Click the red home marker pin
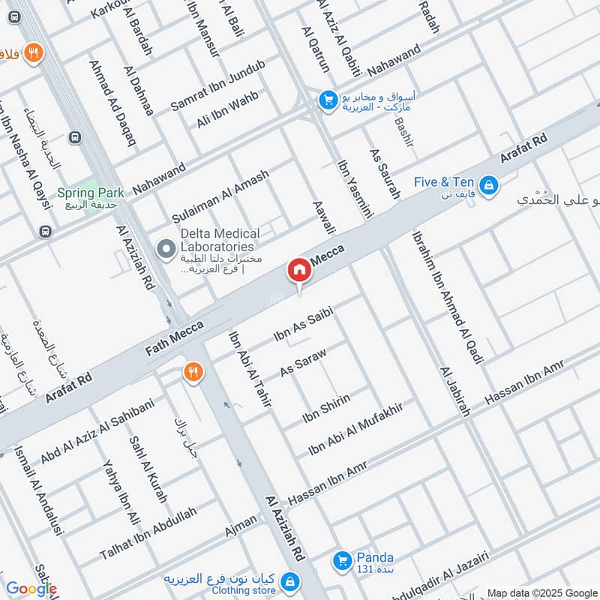tap(298, 270)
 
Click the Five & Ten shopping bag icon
tap(488, 184)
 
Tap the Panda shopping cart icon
tap(342, 559)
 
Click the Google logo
tap(31, 589)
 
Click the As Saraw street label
tap(303, 361)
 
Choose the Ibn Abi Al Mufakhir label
tap(356, 429)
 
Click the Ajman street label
tap(241, 526)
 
